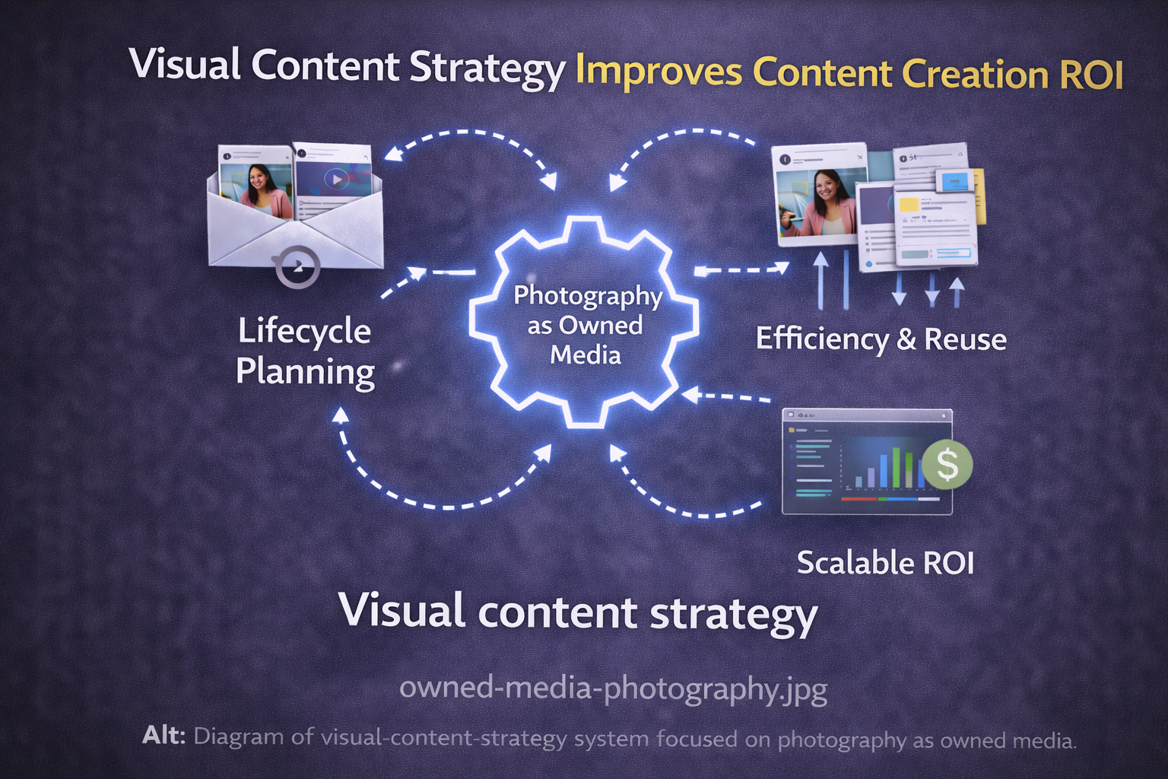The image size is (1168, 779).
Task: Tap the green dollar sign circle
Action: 947,463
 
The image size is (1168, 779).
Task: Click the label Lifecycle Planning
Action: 304,351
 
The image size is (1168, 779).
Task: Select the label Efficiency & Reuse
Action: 881,339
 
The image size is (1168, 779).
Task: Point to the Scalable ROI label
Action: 885,563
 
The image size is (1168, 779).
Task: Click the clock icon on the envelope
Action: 297,266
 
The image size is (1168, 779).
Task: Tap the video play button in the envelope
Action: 335,180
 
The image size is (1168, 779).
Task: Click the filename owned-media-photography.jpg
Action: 613,688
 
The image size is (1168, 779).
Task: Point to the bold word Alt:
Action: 163,736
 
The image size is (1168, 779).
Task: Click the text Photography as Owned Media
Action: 586,325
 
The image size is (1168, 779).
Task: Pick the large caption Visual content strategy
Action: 578,612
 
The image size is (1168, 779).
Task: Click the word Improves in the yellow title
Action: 659,72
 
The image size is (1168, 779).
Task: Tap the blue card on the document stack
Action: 954,181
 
